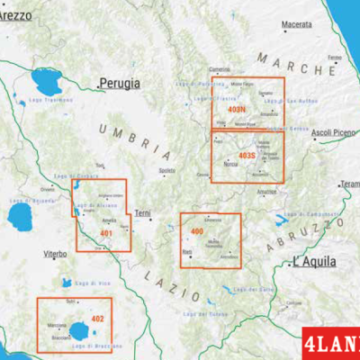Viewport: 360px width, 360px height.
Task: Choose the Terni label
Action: tap(143, 213)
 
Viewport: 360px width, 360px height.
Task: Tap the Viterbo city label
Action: tap(54, 255)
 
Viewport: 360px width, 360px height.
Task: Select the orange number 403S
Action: tap(247, 155)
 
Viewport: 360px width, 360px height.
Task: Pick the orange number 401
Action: tap(106, 234)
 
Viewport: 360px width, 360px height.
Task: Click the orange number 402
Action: tap(98, 319)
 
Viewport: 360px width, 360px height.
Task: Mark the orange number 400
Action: tap(197, 233)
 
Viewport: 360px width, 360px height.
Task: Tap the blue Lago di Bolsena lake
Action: tap(19, 216)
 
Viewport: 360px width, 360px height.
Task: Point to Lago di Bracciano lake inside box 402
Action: tap(81, 329)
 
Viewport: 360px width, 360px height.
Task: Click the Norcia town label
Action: tap(230, 166)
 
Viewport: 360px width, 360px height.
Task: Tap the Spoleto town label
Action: tap(166, 170)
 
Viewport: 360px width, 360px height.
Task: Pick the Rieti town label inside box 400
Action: tap(186, 254)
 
